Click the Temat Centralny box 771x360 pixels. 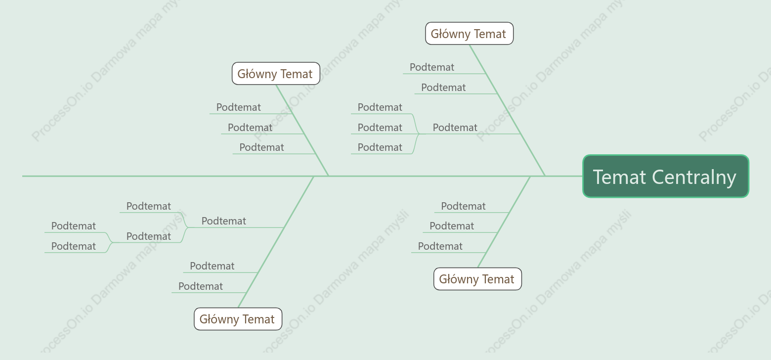666,177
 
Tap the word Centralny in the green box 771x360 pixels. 694,177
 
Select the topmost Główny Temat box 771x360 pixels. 469,34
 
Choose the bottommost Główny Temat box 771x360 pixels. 238,319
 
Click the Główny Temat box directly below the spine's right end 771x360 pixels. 477,279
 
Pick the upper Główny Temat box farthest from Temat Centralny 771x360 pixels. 276,73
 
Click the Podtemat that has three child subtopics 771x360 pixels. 455,128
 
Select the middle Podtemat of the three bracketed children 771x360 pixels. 380,128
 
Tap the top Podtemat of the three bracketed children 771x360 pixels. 380,107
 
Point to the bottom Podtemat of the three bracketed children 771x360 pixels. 380,147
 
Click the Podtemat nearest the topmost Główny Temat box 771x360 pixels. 431,67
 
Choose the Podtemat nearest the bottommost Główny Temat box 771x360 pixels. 200,286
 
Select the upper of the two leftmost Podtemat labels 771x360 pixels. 73,226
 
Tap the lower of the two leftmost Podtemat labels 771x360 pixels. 73,246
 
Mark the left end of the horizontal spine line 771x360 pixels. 22,177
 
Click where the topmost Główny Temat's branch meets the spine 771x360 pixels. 545,177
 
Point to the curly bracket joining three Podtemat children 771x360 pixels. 417,134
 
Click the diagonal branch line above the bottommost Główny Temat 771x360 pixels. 276,242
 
